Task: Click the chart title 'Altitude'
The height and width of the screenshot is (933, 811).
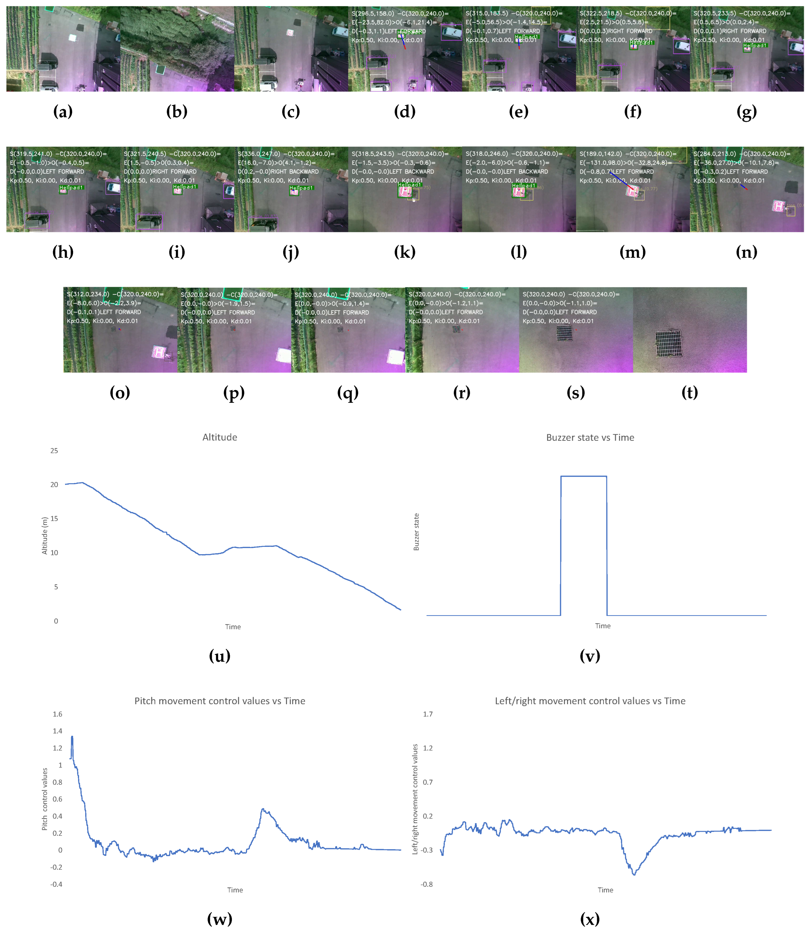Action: (x=220, y=437)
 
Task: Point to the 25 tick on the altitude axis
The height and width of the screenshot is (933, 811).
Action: (x=54, y=451)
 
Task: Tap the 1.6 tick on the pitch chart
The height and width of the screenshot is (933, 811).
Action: (x=58, y=714)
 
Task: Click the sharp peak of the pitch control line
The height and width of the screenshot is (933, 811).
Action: (x=72, y=737)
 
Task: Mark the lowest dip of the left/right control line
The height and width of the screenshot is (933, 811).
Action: (x=634, y=874)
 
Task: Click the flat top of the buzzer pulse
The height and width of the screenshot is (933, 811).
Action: (x=583, y=476)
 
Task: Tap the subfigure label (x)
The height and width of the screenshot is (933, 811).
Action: (x=590, y=919)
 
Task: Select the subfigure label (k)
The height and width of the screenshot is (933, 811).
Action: (x=405, y=252)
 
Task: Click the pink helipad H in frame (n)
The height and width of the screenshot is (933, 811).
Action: (x=778, y=206)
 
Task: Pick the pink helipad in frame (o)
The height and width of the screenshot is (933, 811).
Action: (x=159, y=352)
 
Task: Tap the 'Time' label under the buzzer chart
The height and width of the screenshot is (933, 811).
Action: (x=602, y=626)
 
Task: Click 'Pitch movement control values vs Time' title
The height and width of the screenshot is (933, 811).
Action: (x=220, y=701)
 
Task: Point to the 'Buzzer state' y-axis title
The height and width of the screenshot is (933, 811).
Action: (x=416, y=532)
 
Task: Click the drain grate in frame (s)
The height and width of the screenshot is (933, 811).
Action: (x=565, y=333)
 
